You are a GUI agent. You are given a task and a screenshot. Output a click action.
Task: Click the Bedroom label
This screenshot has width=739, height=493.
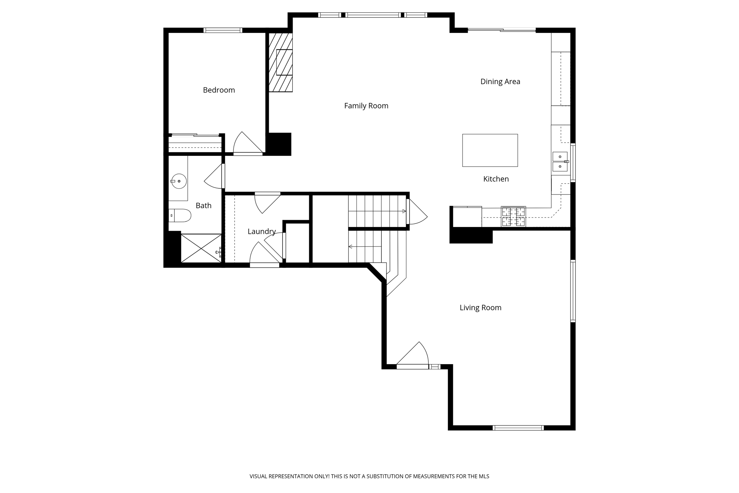pyautogui.click(x=219, y=90)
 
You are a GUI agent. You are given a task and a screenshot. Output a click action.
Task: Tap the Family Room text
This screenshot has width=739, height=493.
pyautogui.click(x=366, y=106)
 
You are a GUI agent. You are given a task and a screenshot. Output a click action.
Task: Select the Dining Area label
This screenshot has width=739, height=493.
pyautogui.click(x=500, y=82)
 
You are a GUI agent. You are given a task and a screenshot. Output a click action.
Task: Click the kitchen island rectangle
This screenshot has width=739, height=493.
pyautogui.click(x=490, y=150)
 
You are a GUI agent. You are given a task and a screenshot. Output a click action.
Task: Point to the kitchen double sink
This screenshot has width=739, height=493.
pyautogui.click(x=560, y=161)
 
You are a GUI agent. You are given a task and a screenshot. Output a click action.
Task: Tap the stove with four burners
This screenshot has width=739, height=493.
pyautogui.click(x=513, y=217)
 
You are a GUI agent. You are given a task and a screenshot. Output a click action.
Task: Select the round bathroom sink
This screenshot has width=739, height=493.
pyautogui.click(x=179, y=181)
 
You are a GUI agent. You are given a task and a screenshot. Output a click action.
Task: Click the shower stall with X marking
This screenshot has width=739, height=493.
pyautogui.click(x=201, y=248)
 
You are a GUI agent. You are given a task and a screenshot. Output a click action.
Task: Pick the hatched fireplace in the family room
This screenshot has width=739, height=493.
pyautogui.click(x=281, y=62)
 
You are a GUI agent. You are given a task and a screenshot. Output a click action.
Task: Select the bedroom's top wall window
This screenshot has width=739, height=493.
pyautogui.click(x=223, y=30)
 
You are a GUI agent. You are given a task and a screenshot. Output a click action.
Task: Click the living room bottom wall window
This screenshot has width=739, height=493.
pyautogui.click(x=518, y=428)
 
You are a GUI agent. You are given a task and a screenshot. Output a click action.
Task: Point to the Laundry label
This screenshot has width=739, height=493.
pyautogui.click(x=262, y=232)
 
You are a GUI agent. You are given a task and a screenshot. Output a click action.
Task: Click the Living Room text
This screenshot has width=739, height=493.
pyautogui.click(x=480, y=308)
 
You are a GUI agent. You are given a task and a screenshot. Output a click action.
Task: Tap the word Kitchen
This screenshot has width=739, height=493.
pyautogui.click(x=496, y=179)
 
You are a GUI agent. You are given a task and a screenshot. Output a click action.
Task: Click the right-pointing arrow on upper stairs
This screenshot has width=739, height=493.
pyautogui.click(x=404, y=211)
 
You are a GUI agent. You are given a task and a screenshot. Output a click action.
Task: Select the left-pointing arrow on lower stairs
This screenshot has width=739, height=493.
pyautogui.click(x=350, y=247)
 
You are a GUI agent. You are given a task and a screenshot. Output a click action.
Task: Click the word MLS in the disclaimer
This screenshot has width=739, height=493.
pyautogui.click(x=484, y=476)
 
